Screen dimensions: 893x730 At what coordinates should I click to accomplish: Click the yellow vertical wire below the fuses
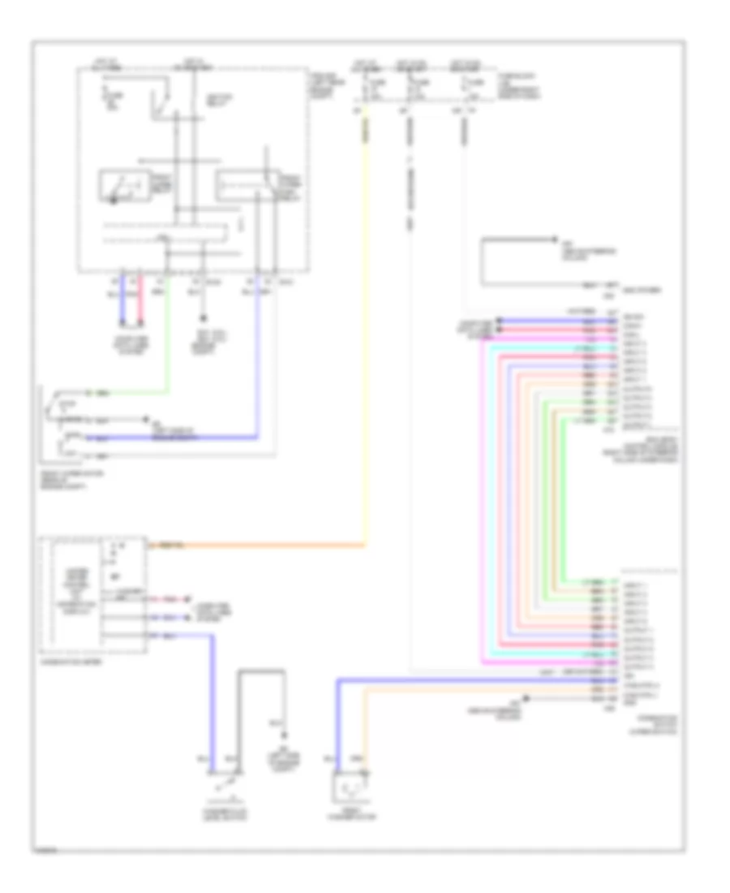(x=364, y=325)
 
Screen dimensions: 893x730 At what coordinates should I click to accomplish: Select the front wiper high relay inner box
(x=243, y=186)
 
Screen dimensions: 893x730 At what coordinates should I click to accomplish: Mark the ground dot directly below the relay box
(x=203, y=320)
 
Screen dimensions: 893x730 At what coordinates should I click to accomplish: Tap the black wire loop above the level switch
(x=260, y=671)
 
